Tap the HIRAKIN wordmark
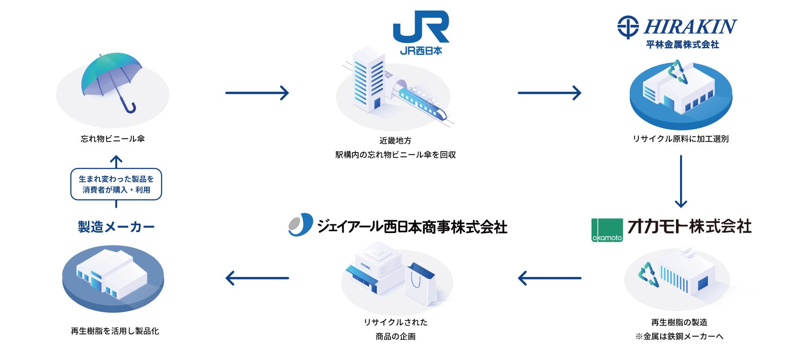point(690,27)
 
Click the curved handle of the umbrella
point(130,107)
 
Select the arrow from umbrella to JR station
point(257,93)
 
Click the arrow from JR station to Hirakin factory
point(549,93)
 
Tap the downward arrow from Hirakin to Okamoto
point(681,181)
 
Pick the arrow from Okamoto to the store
point(549,278)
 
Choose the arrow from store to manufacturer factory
point(257,278)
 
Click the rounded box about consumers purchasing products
point(116,184)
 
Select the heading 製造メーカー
point(116,227)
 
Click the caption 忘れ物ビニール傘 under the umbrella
point(113,139)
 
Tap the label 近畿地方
point(395,141)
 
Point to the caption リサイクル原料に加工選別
point(680,139)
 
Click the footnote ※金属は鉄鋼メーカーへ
point(680,337)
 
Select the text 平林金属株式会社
point(682,45)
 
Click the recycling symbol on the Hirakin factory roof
point(678,72)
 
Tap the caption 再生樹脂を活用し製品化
point(115,331)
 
